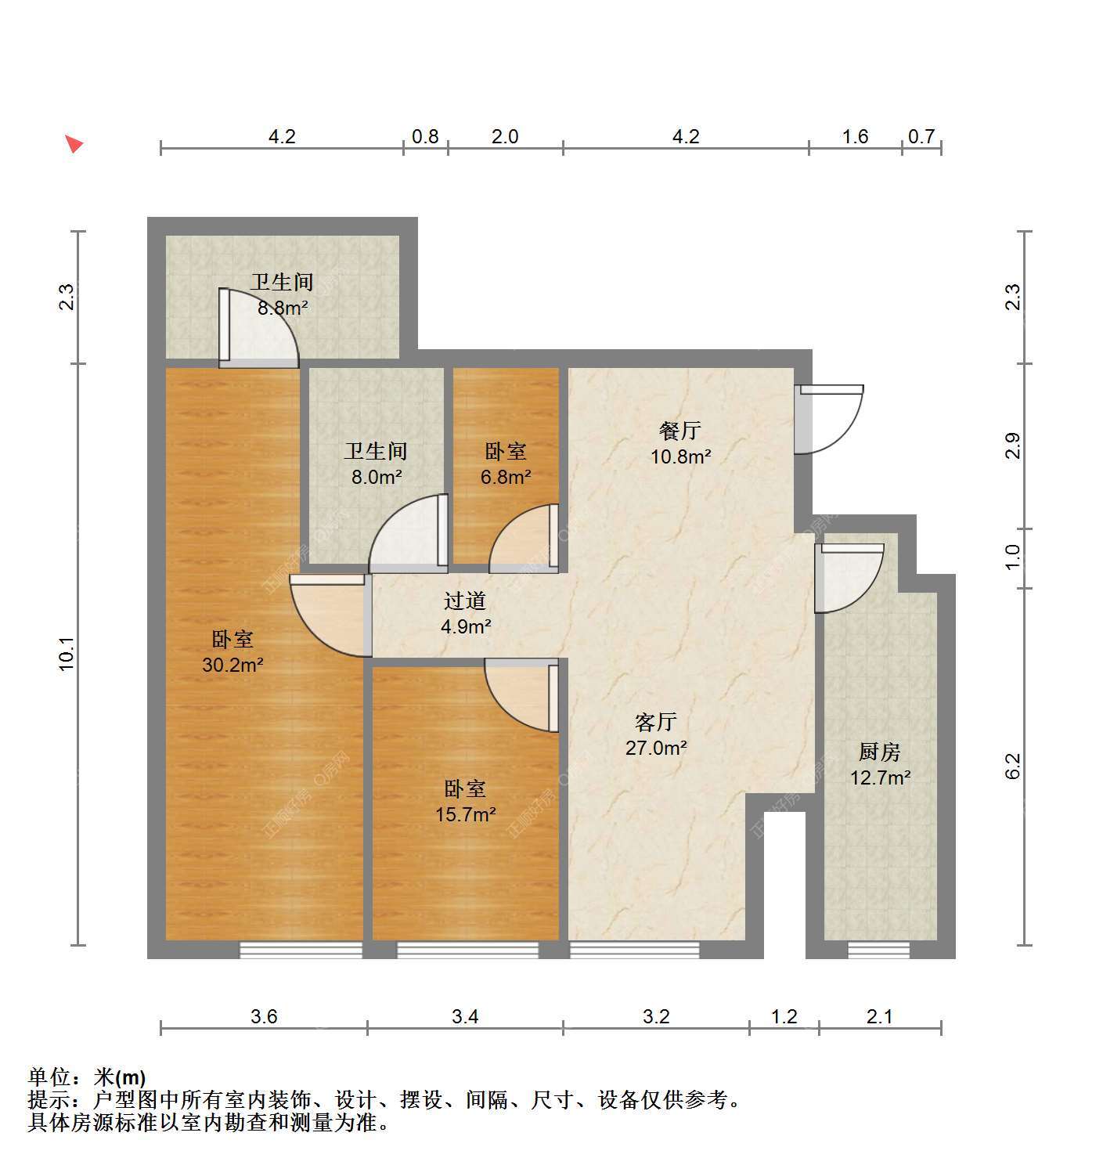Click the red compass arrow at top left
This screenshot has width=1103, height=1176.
pos(74,144)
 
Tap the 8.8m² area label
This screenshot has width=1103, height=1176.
pos(283,308)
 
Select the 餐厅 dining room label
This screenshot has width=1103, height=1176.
pos(680,431)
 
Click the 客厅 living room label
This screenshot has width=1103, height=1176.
pos(656,722)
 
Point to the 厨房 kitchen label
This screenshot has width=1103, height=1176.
pos(880,752)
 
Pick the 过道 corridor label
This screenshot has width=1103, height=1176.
pos(465,601)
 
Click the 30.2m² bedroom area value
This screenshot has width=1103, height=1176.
pos(232,665)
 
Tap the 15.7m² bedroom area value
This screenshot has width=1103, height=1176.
pos(466,815)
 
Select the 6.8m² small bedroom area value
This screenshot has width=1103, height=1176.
pos(506,478)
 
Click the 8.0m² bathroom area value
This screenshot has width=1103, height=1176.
pos(377,478)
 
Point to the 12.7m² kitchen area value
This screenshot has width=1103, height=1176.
pos(881,777)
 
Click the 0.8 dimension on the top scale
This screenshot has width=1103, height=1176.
pos(425,137)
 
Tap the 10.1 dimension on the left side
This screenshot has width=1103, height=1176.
pos(67,655)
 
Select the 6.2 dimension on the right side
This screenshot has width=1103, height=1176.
pos(1013,766)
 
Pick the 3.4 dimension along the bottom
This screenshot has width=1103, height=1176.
pos(465,1016)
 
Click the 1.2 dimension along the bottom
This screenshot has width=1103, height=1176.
pos(784,1016)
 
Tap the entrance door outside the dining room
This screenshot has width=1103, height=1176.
pos(828,418)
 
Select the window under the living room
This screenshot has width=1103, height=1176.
pos(634,951)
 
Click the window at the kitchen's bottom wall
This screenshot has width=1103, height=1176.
pos(878,951)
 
